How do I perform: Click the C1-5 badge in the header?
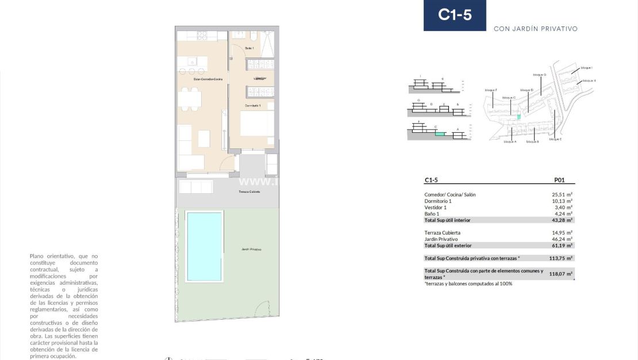pyautogui.click(x=455, y=16)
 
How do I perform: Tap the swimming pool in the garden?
pyautogui.click(x=204, y=246)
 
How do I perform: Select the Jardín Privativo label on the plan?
pyautogui.click(x=251, y=250)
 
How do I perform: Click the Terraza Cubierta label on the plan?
pyautogui.click(x=249, y=192)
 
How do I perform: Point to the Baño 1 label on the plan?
pyautogui.click(x=249, y=48)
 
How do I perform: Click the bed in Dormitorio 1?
pyautogui.click(x=256, y=124)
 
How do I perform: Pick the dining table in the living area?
pyautogui.click(x=189, y=98)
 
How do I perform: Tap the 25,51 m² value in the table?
pyautogui.click(x=562, y=195)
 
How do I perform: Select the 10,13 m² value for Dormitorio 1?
pyautogui.click(x=562, y=201)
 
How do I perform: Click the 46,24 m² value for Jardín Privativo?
pyautogui.click(x=562, y=239)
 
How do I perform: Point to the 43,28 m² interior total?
pyautogui.click(x=562, y=220)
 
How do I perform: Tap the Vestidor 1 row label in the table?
pyautogui.click(x=435, y=208)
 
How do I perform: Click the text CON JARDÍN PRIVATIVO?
pyautogui.click(x=535, y=29)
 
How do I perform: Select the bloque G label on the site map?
pyautogui.click(x=539, y=75)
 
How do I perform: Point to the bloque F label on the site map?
pyautogui.click(x=490, y=90)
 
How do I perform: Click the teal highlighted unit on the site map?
pyautogui.click(x=518, y=117)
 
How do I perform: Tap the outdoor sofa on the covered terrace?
pyautogui.click(x=195, y=186)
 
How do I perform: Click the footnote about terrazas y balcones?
pyautogui.click(x=468, y=284)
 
